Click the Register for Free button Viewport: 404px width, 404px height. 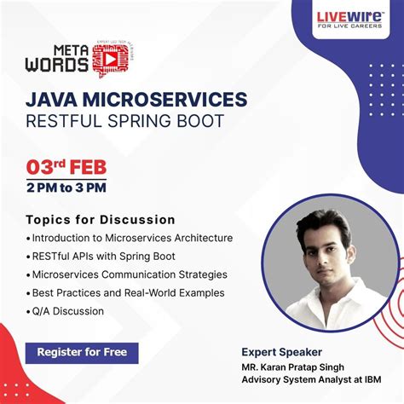82,353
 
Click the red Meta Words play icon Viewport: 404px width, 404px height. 109,58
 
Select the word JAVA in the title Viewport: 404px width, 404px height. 55,100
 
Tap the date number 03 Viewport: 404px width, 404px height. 40,164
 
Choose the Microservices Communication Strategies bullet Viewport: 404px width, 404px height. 130,274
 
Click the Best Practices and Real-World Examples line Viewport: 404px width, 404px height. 128,292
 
